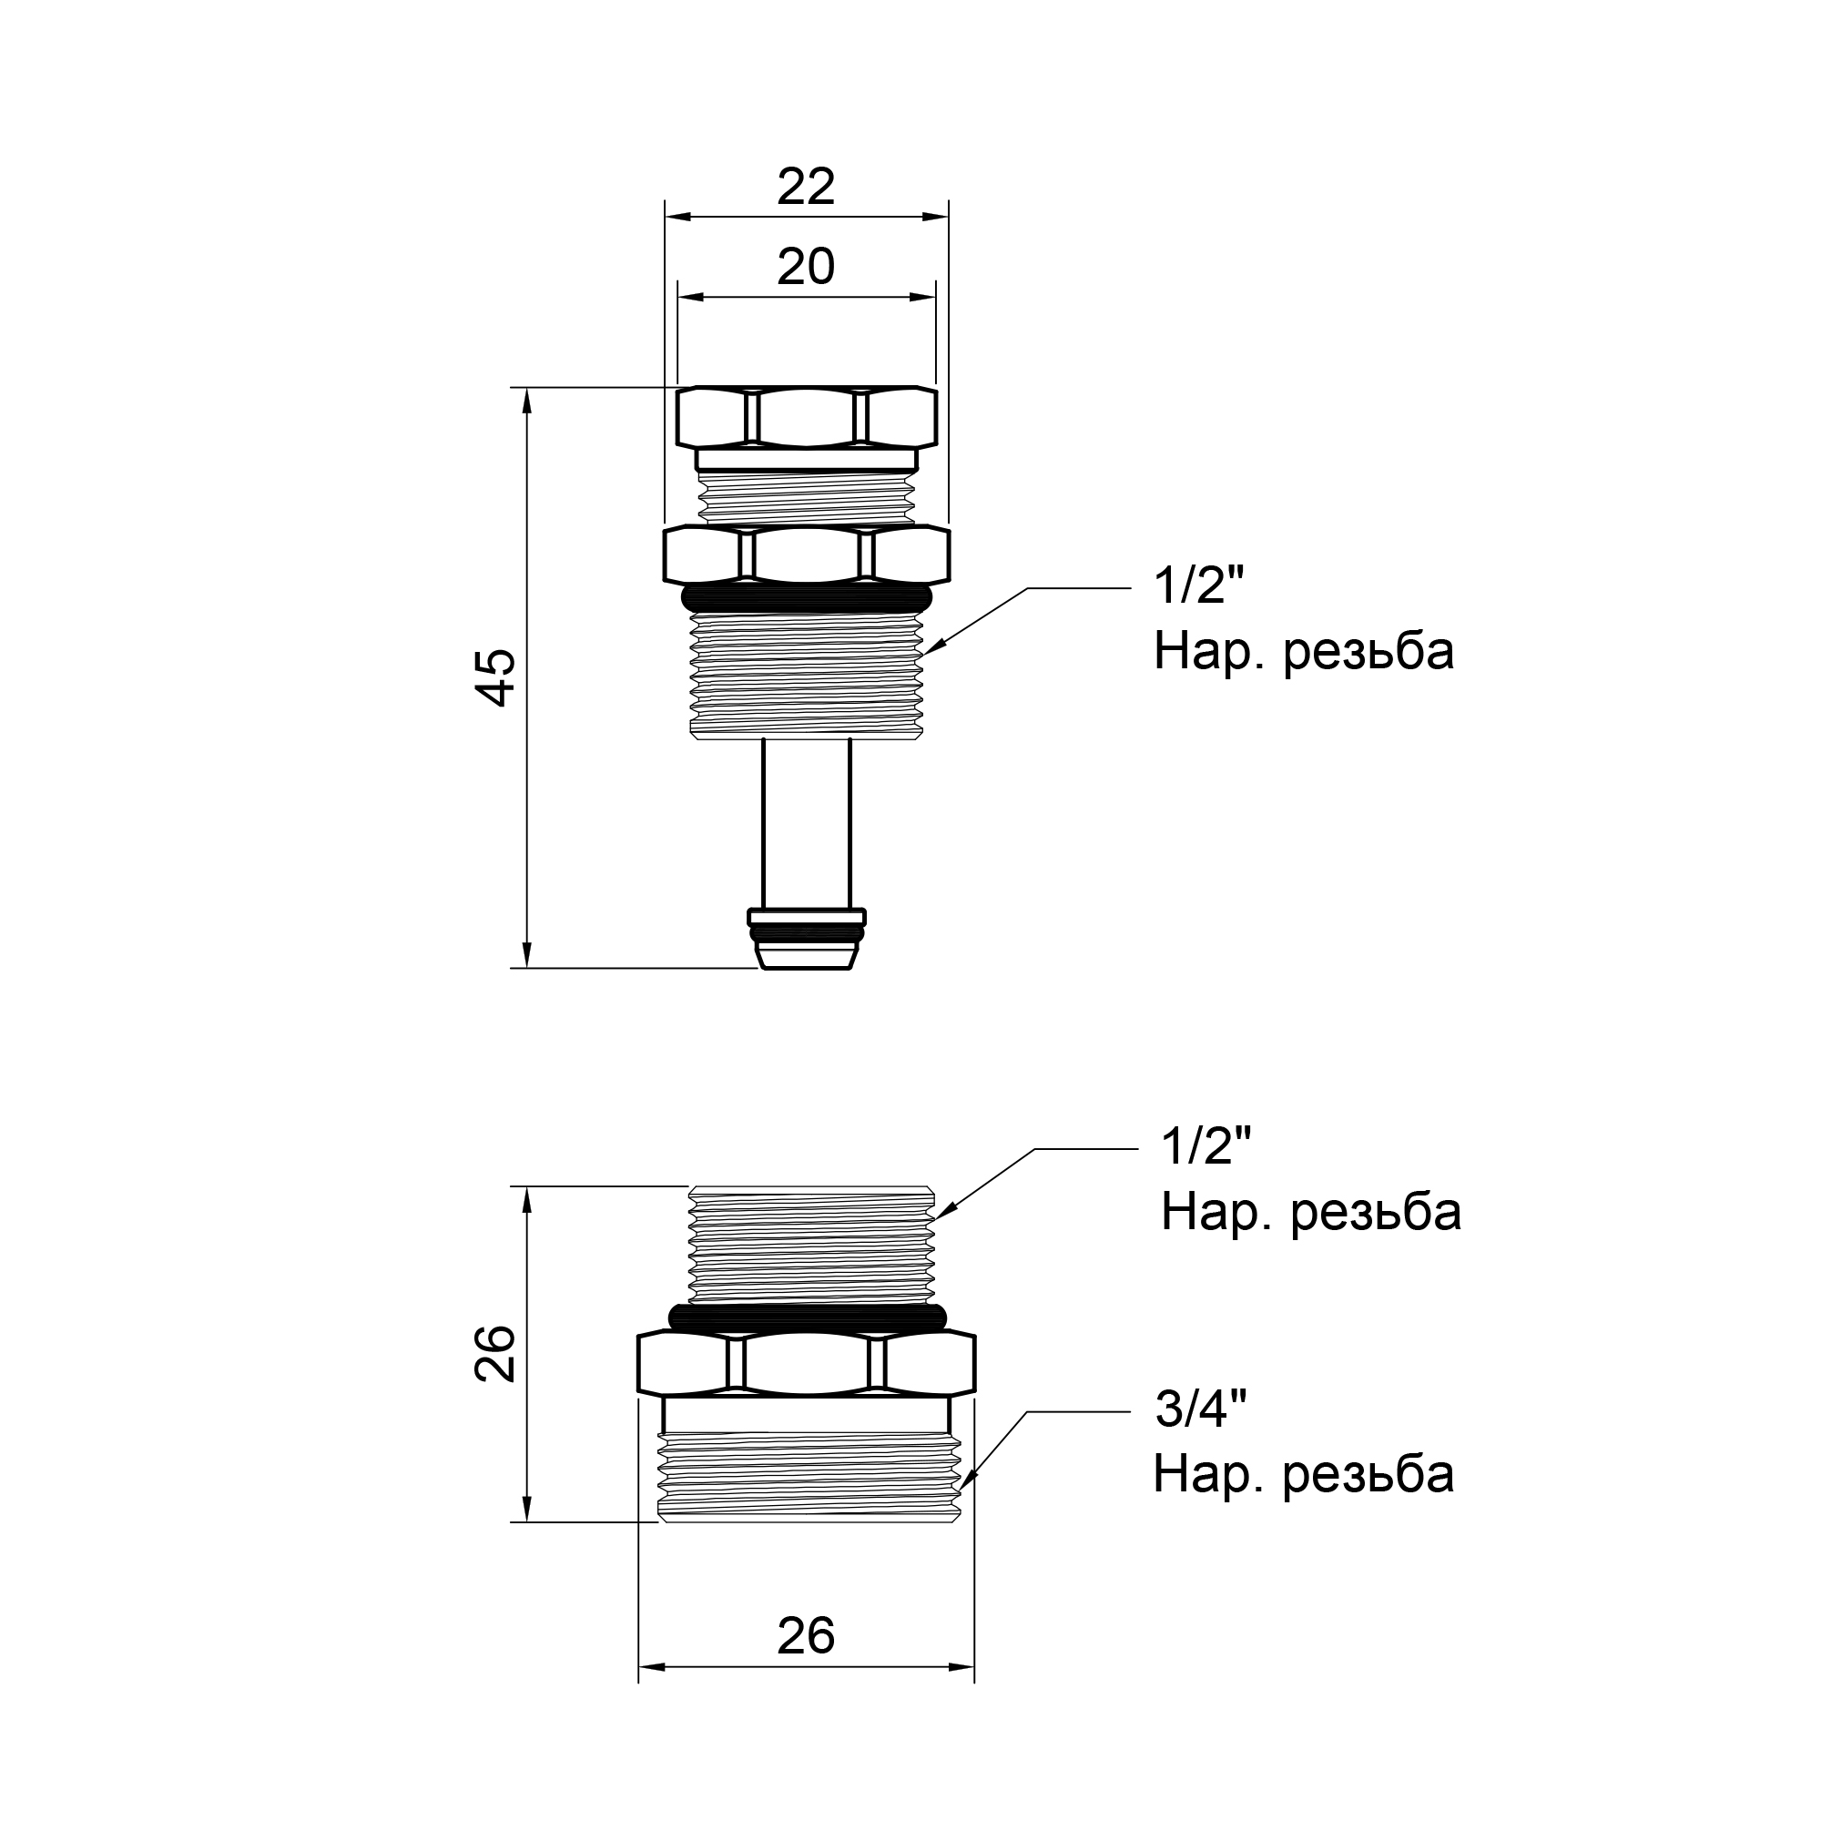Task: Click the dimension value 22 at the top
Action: click(x=806, y=188)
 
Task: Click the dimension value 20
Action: click(x=806, y=268)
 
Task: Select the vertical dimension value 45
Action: click(x=496, y=677)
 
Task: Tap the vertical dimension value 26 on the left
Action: click(x=496, y=1354)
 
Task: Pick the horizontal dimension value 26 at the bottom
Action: click(x=806, y=1635)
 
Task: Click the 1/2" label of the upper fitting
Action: click(x=1199, y=586)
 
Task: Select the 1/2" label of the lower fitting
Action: click(x=1206, y=1147)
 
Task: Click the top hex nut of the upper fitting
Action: click(x=807, y=417)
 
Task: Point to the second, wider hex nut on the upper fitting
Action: click(x=807, y=555)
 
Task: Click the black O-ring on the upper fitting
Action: click(x=806, y=597)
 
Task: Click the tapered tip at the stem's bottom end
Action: click(x=807, y=957)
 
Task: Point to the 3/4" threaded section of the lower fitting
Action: click(x=810, y=1476)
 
